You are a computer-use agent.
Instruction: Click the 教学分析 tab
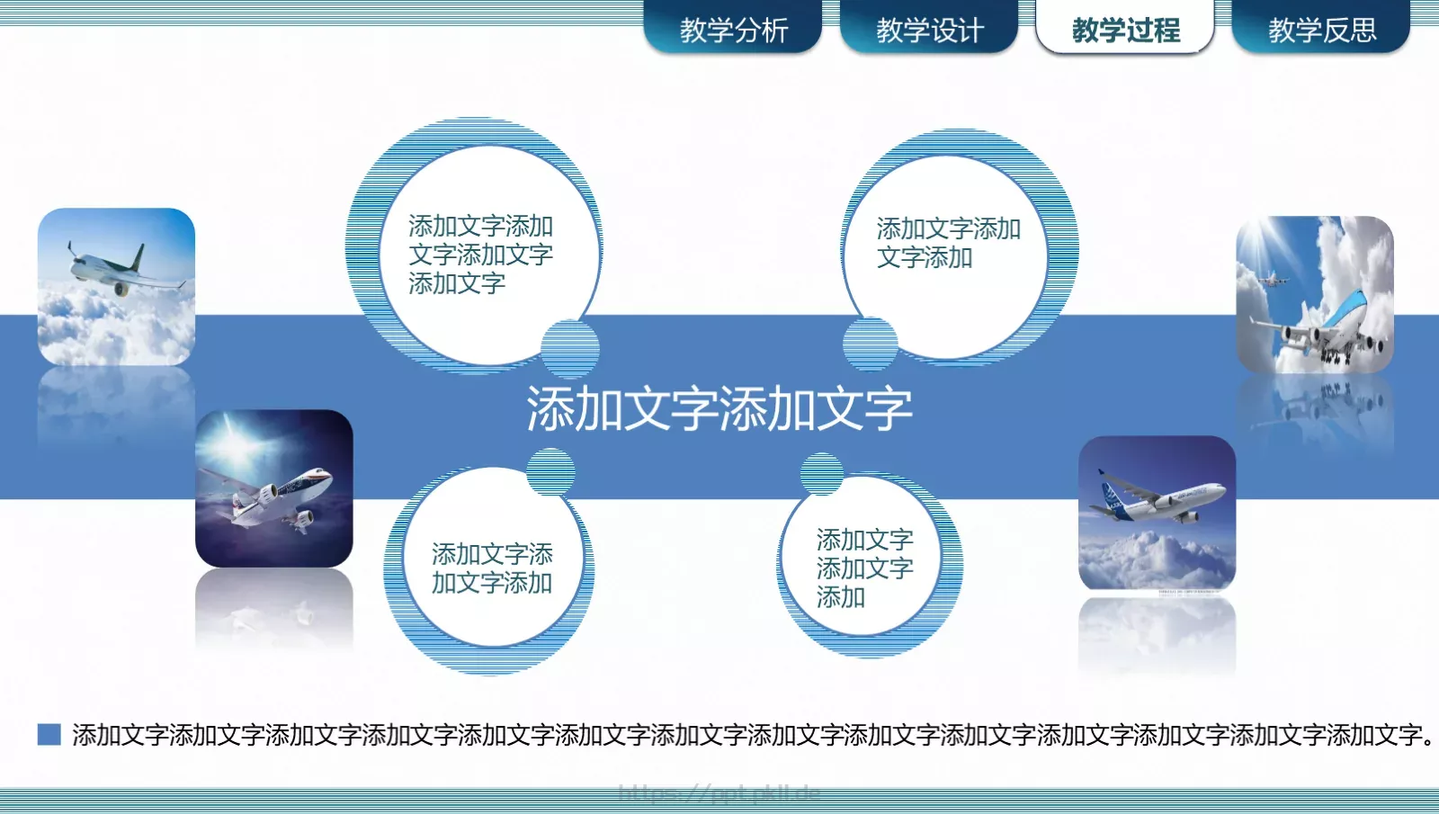[x=733, y=30]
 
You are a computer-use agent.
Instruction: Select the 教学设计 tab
[x=929, y=30]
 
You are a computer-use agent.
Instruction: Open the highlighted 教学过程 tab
[x=1125, y=30]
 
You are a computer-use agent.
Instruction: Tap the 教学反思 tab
[x=1321, y=30]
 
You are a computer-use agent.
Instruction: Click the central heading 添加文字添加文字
[x=719, y=409]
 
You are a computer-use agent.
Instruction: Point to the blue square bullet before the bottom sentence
[x=49, y=735]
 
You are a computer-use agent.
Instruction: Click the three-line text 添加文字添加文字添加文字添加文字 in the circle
[x=480, y=255]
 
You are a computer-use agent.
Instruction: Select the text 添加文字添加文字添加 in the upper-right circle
[x=948, y=243]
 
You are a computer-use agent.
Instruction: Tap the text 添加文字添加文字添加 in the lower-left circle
[x=492, y=568]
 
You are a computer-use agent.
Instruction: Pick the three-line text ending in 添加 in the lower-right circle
[x=864, y=568]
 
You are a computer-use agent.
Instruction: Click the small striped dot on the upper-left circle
[x=570, y=347]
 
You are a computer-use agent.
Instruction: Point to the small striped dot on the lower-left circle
[x=550, y=471]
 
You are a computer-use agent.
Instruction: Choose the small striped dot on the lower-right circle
[x=821, y=474]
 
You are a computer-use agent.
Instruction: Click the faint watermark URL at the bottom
[x=719, y=793]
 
